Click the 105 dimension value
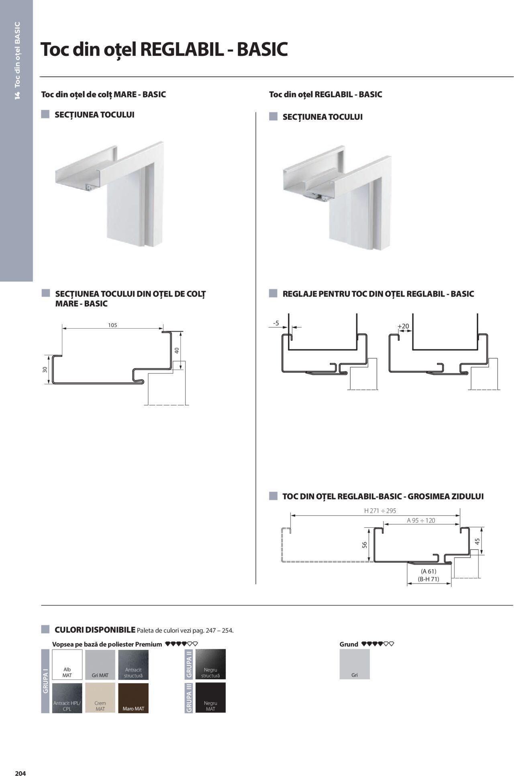pyautogui.click(x=112, y=325)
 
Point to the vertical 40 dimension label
pyautogui.click(x=177, y=350)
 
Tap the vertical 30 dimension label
pyautogui.click(x=45, y=369)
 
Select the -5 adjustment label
pyautogui.click(x=276, y=323)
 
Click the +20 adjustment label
pyautogui.click(x=403, y=326)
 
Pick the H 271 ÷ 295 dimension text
pyautogui.click(x=380, y=511)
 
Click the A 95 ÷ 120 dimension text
pyautogui.click(x=421, y=520)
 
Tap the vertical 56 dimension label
pyautogui.click(x=365, y=545)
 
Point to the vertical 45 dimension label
pyautogui.click(x=477, y=541)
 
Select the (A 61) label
pyautogui.click(x=428, y=571)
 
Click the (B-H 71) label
pyautogui.click(x=428, y=579)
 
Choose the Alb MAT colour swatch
pyautogui.click(x=67, y=664)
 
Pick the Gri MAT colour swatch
pyautogui.click(x=100, y=664)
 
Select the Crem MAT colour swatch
pyautogui.click(x=100, y=698)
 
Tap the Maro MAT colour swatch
pyautogui.click(x=133, y=698)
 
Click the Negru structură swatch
pyautogui.click(x=210, y=664)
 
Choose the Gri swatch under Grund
pyautogui.click(x=355, y=664)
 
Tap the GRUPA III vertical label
pyautogui.click(x=189, y=698)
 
